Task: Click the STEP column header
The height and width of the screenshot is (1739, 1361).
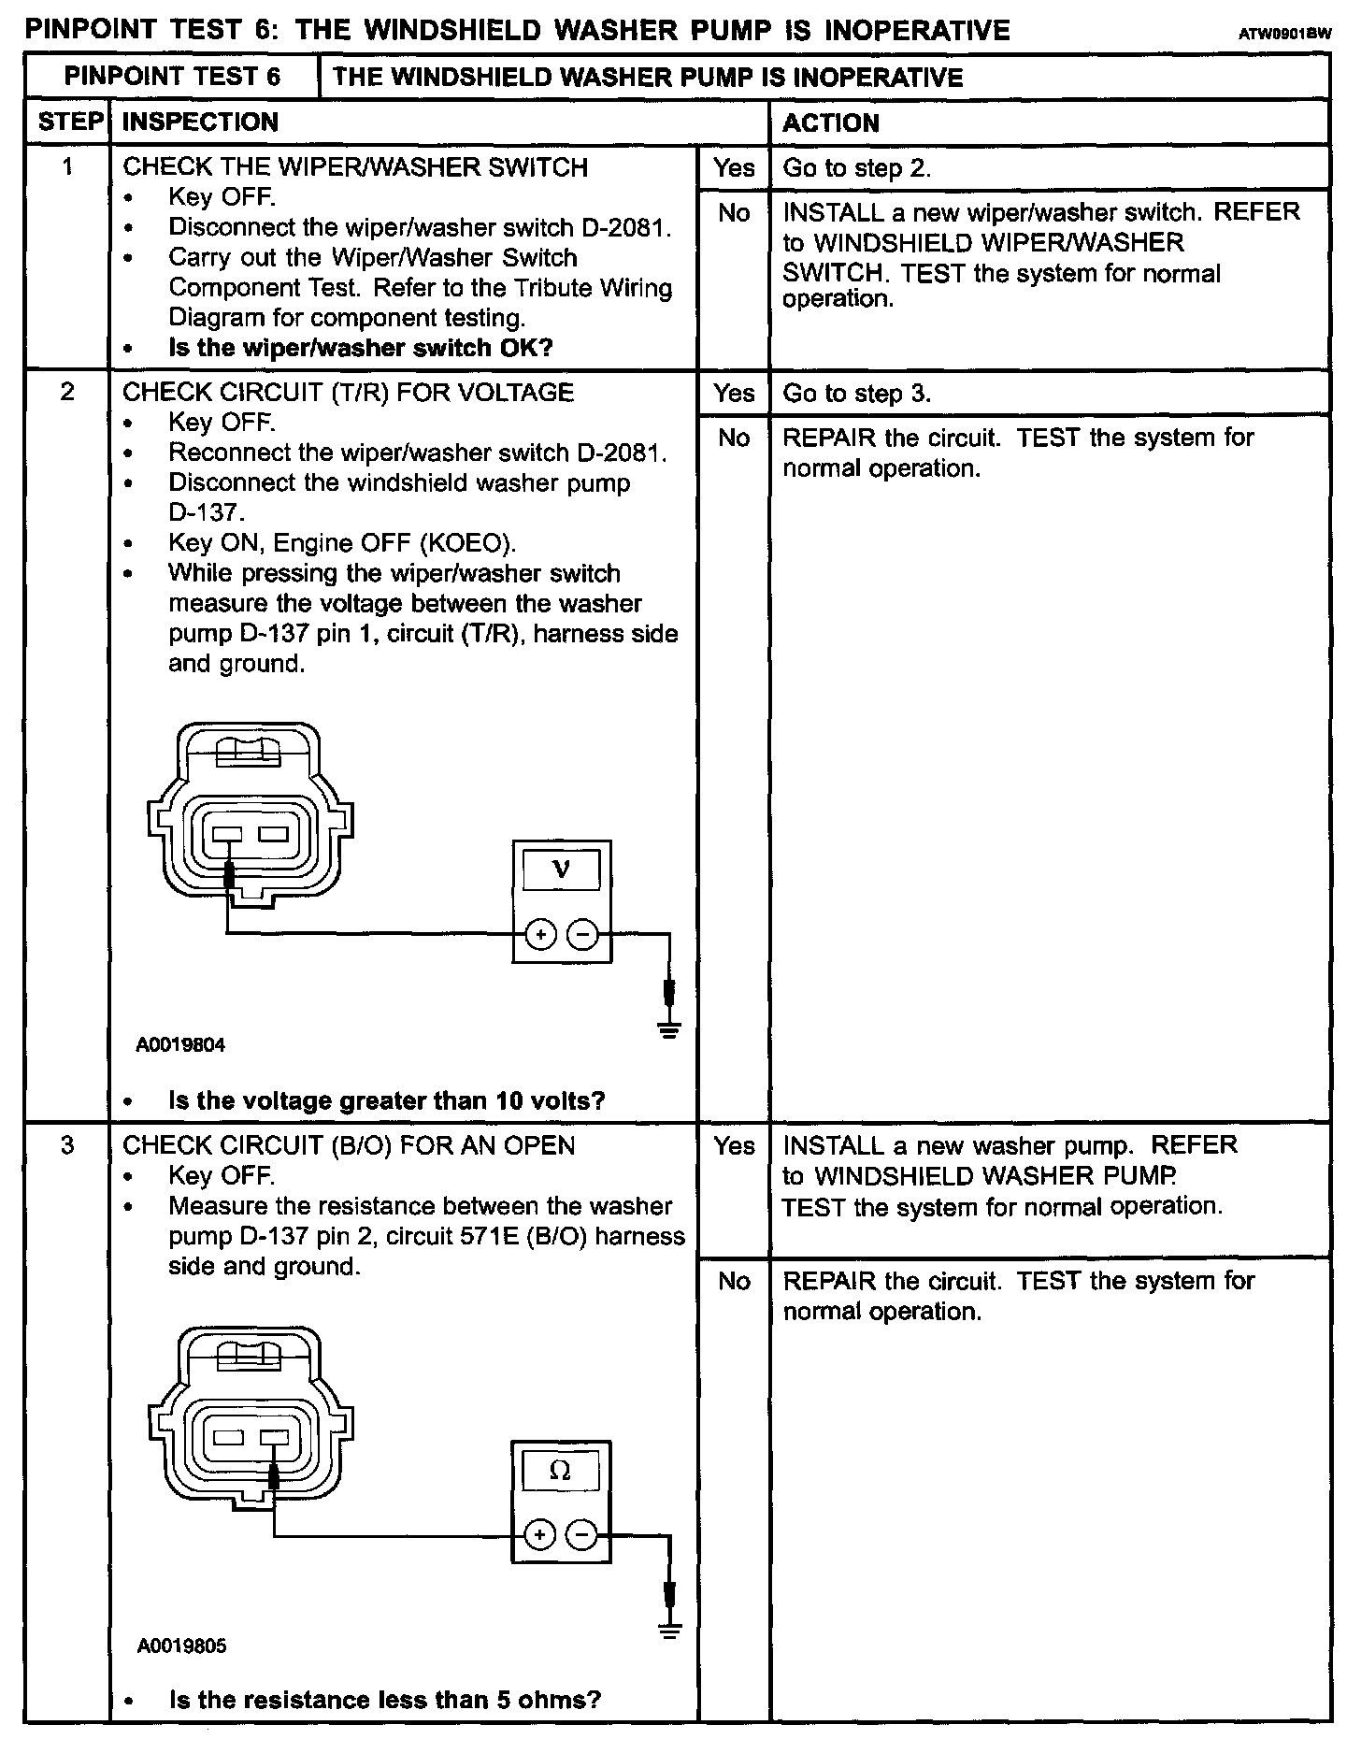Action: tap(69, 122)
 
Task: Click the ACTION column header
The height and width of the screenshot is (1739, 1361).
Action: tap(831, 122)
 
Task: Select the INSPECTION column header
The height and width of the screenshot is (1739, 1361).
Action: tap(200, 122)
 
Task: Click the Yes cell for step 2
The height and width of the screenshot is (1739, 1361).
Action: tap(734, 393)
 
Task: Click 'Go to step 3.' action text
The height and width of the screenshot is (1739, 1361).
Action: tap(856, 393)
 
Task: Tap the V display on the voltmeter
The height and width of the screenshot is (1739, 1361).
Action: tap(561, 869)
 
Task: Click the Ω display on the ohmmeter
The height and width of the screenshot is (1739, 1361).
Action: tap(560, 1471)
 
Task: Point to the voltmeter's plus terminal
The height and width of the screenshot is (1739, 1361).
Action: tap(540, 934)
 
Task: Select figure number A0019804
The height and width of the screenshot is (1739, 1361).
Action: tap(180, 1044)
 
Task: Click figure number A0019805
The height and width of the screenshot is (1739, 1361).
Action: tap(181, 1646)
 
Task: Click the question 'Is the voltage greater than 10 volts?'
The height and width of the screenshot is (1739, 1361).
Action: tap(386, 1100)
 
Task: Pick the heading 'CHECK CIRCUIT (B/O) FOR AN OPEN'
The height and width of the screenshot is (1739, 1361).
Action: tap(349, 1145)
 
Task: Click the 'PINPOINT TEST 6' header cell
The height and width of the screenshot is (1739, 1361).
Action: tap(172, 77)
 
